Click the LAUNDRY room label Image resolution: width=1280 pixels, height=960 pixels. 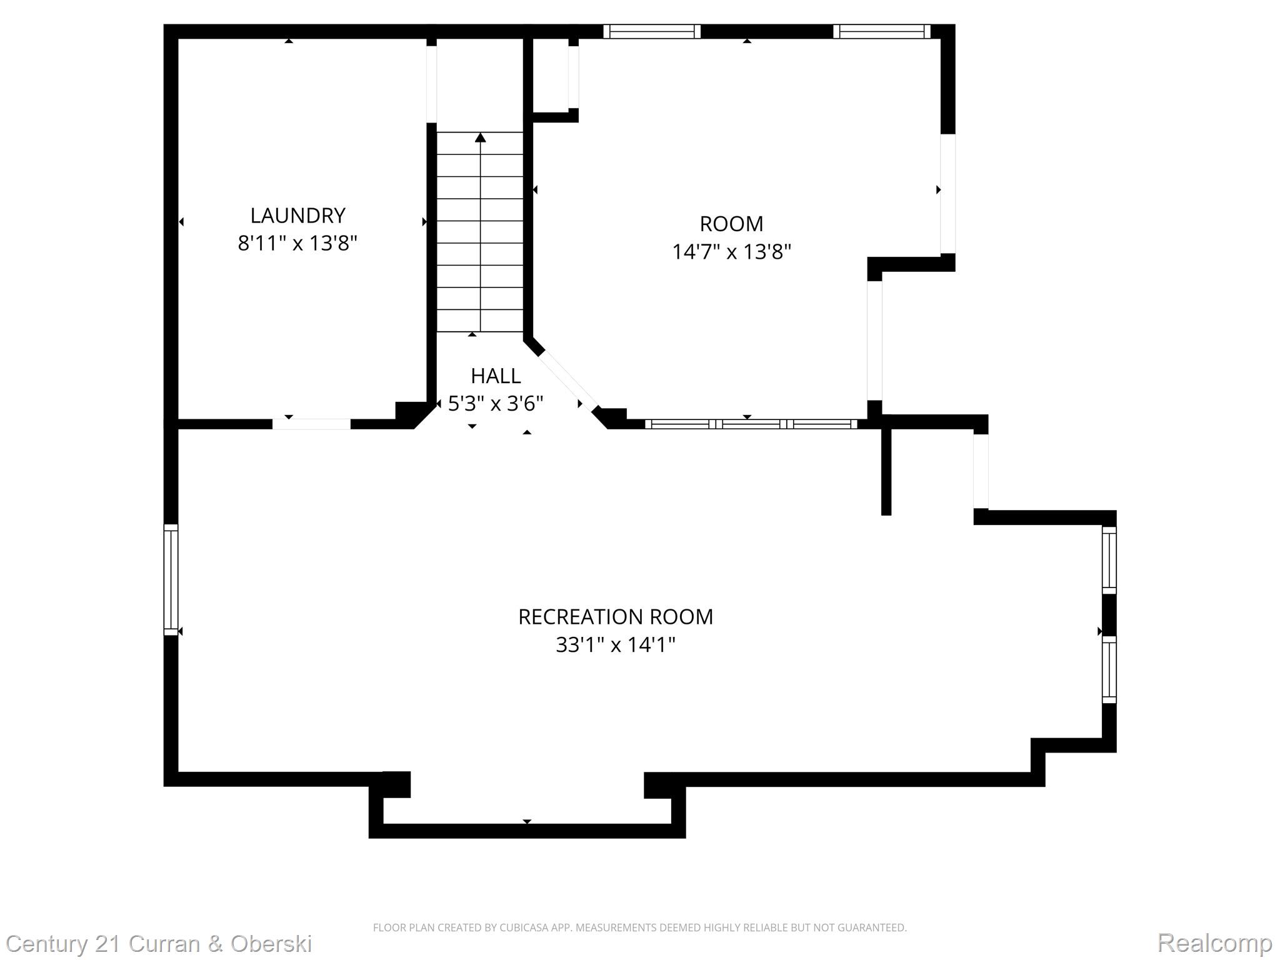(297, 216)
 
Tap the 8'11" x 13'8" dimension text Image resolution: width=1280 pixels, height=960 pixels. (297, 243)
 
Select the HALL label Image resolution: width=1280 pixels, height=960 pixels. (496, 376)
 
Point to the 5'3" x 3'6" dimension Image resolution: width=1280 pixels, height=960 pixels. (496, 404)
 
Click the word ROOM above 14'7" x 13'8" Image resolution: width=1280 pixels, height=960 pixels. (731, 224)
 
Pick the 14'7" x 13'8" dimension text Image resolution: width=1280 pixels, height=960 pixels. (731, 252)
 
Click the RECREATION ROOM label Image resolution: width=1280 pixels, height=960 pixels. (616, 617)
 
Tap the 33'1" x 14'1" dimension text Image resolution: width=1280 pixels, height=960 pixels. (616, 644)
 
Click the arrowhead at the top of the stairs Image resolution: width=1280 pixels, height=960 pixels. (480, 137)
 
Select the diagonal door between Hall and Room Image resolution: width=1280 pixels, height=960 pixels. (567, 382)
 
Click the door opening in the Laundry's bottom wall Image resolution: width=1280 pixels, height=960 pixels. (311, 424)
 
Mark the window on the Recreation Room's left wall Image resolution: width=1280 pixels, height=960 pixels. (171, 580)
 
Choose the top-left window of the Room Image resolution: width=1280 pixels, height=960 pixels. (652, 31)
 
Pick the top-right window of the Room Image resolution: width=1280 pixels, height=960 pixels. (882, 31)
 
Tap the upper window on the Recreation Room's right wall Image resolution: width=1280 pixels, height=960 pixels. (1109, 560)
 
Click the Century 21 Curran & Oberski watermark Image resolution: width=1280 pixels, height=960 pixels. (159, 943)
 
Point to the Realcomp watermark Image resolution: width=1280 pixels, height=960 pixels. (1214, 942)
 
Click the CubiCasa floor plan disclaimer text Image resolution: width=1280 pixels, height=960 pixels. (639, 927)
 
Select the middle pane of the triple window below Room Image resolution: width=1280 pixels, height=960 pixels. (751, 424)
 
